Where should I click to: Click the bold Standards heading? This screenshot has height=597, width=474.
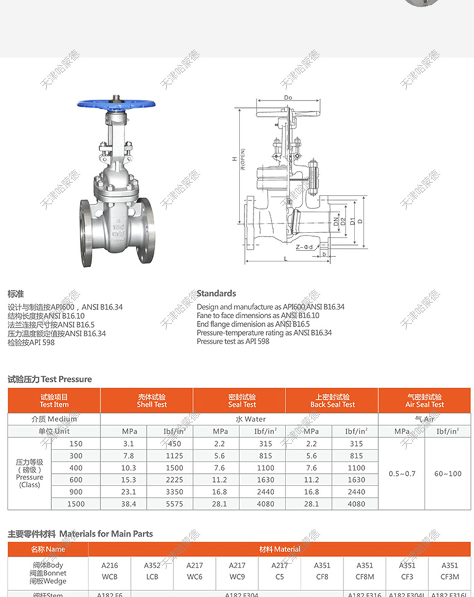(x=216, y=293)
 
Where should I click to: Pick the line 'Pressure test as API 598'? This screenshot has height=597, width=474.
(x=233, y=341)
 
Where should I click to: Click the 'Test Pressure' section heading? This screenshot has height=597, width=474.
(x=50, y=379)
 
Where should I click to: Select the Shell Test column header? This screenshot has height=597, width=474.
(x=146, y=400)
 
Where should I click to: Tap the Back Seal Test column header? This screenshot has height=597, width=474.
(x=332, y=400)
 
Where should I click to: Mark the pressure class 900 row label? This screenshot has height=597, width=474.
(x=76, y=492)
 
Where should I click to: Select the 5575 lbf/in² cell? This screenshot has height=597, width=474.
(x=174, y=504)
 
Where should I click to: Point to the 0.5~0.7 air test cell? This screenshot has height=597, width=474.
(x=401, y=474)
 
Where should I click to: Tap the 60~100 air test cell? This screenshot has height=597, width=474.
(x=448, y=474)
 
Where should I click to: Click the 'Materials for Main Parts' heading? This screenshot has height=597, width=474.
(x=80, y=533)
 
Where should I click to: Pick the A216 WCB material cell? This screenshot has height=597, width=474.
(x=111, y=570)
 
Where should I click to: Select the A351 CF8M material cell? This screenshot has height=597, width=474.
(x=364, y=570)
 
